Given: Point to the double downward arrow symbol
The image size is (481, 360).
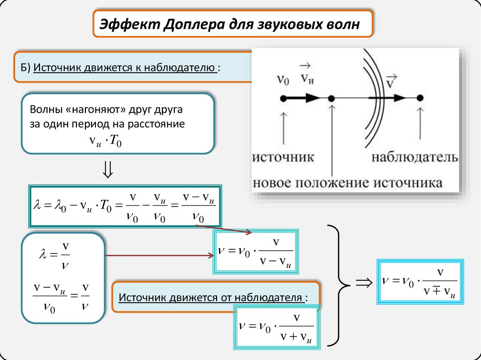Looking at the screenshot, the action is pyautogui.click(x=108, y=169).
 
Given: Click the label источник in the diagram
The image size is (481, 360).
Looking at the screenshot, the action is pyautogui.click(x=283, y=157).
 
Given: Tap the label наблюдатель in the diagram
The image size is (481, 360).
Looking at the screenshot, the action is pyautogui.click(x=415, y=157).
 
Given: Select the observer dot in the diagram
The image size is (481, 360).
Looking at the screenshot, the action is pyautogui.click(x=420, y=98).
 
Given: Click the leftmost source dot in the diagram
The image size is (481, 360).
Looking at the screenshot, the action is pyautogui.click(x=283, y=99).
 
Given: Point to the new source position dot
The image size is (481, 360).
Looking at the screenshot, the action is pyautogui.click(x=331, y=99).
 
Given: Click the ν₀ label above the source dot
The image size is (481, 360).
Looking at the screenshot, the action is pyautogui.click(x=283, y=79).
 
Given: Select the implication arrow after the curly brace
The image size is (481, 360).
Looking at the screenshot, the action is pyautogui.click(x=364, y=283).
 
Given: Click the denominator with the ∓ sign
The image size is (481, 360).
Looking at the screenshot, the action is pyautogui.click(x=440, y=291).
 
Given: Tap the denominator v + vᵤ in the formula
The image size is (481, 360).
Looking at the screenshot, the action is pyautogui.click(x=296, y=337).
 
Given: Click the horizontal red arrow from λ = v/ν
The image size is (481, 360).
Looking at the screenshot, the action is pyautogui.click(x=160, y=255).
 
